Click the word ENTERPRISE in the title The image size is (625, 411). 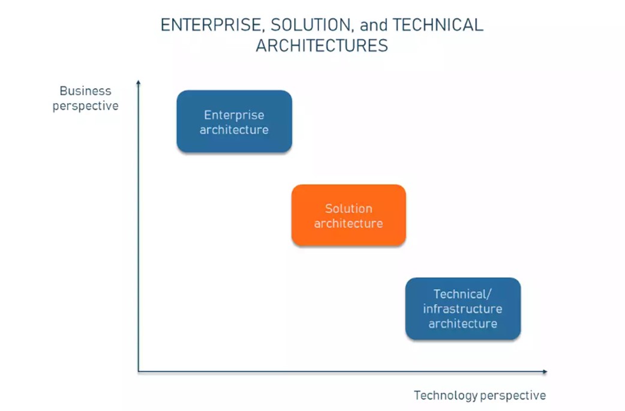tap(211, 26)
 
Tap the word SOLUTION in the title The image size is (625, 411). tap(311, 26)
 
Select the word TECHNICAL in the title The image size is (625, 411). tap(438, 25)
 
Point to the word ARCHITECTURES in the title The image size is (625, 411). tap(322, 46)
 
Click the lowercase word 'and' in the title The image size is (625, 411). tap(374, 25)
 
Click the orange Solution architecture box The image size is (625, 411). tap(348, 215)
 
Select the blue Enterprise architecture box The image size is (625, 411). tap(235, 121)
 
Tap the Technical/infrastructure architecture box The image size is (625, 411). tap(463, 308)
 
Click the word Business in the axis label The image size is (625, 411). tap(85, 91)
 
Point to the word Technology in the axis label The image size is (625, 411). tap(446, 395)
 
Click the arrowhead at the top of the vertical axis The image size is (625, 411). tap(139, 82)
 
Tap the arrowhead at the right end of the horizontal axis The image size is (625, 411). tap(545, 371)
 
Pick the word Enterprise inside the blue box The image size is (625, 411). tap(234, 115)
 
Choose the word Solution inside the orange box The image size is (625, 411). tap(348, 208)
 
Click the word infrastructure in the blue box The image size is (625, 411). tap(463, 309)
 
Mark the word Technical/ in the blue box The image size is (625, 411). tap(463, 294)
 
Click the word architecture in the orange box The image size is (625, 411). tap(348, 224)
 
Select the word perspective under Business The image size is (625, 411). tap(86, 106)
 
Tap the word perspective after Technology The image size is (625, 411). tap(513, 396)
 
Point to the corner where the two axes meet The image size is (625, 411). tap(139, 371)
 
